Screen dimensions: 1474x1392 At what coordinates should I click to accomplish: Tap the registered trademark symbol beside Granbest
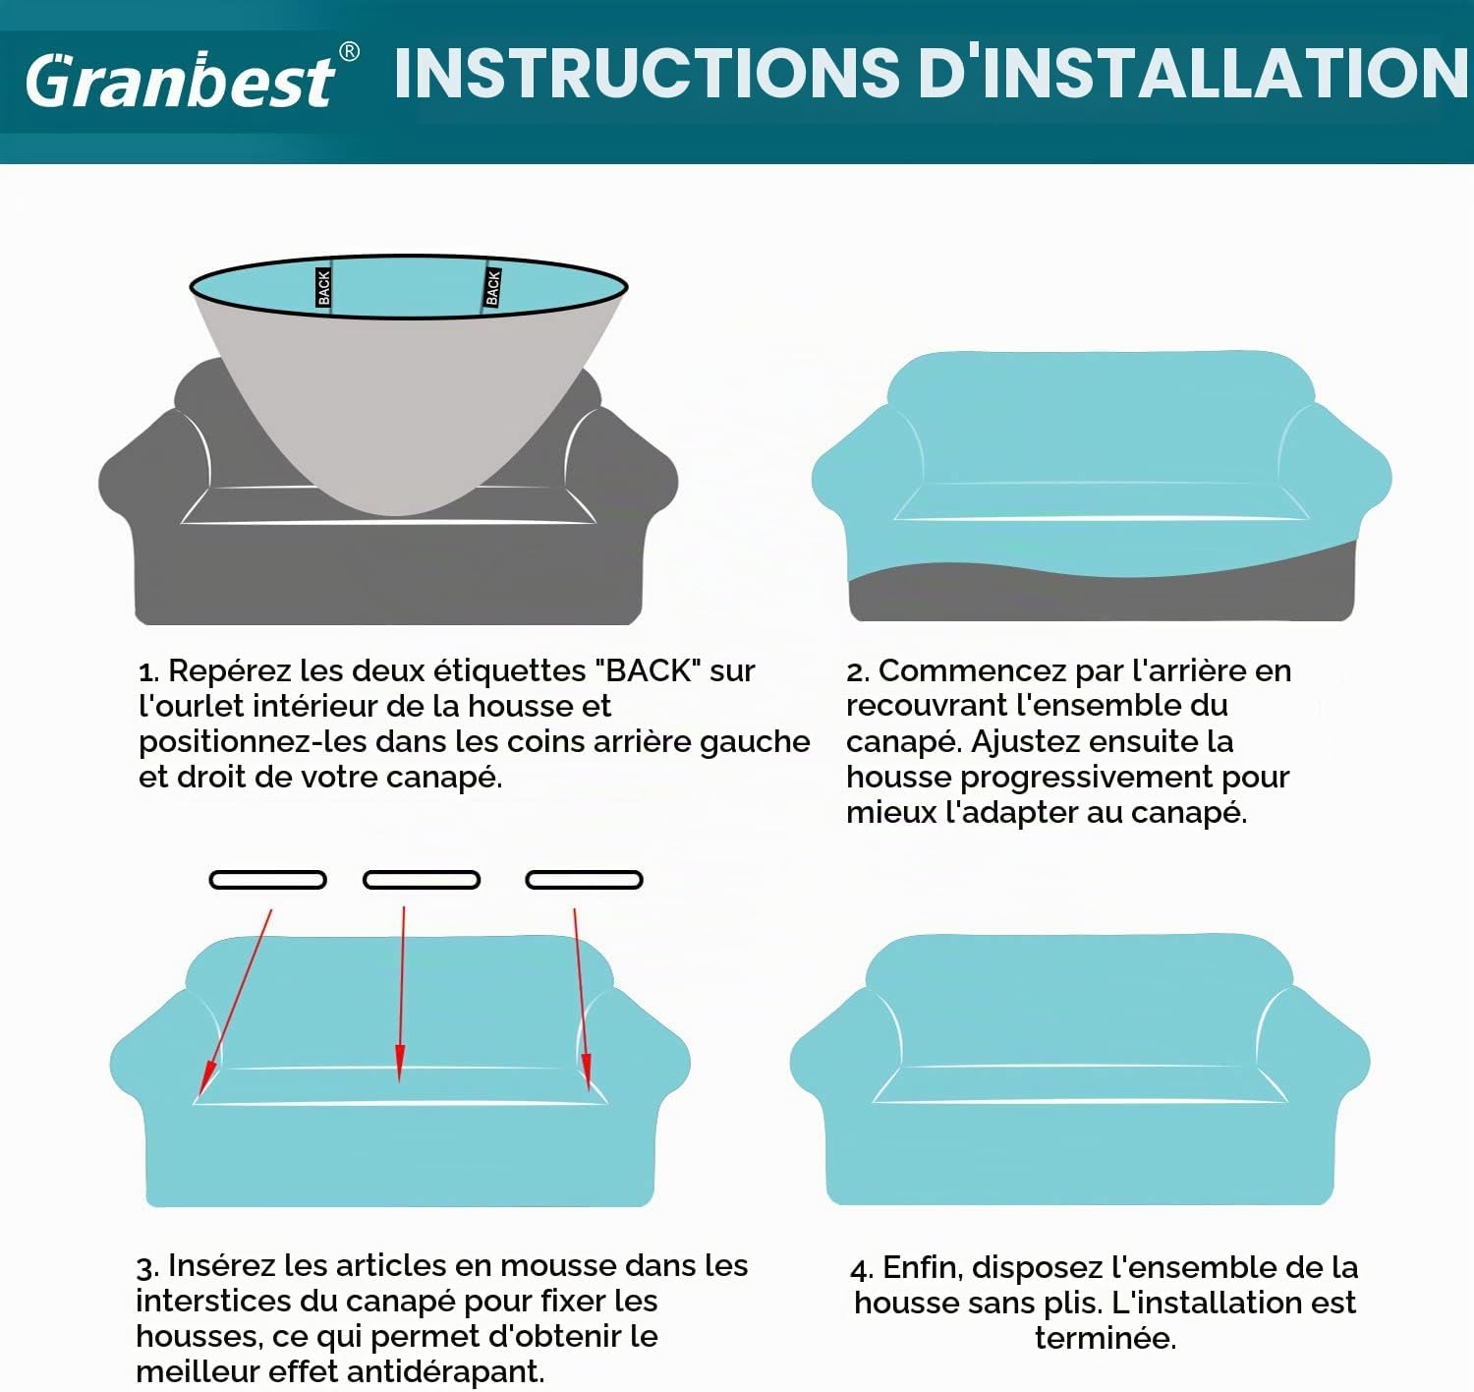(349, 52)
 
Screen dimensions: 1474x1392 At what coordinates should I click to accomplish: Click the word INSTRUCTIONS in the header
(648, 73)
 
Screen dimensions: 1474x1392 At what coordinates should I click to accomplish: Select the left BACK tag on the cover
(323, 287)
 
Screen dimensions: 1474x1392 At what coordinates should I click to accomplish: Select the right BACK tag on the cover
(493, 287)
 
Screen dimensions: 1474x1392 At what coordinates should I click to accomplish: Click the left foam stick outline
(268, 880)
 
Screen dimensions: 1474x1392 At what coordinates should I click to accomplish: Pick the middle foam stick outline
(422, 880)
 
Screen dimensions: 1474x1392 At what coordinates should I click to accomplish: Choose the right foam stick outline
(584, 880)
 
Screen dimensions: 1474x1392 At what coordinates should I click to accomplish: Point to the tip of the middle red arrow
(399, 1082)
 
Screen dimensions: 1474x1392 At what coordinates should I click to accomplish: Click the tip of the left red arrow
(199, 1095)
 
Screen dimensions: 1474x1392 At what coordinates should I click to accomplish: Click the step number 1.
(148, 672)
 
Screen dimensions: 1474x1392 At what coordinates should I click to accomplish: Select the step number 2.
(857, 672)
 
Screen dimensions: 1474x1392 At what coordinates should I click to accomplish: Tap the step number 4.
(862, 1270)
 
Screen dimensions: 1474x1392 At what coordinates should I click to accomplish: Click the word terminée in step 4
(1105, 1338)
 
